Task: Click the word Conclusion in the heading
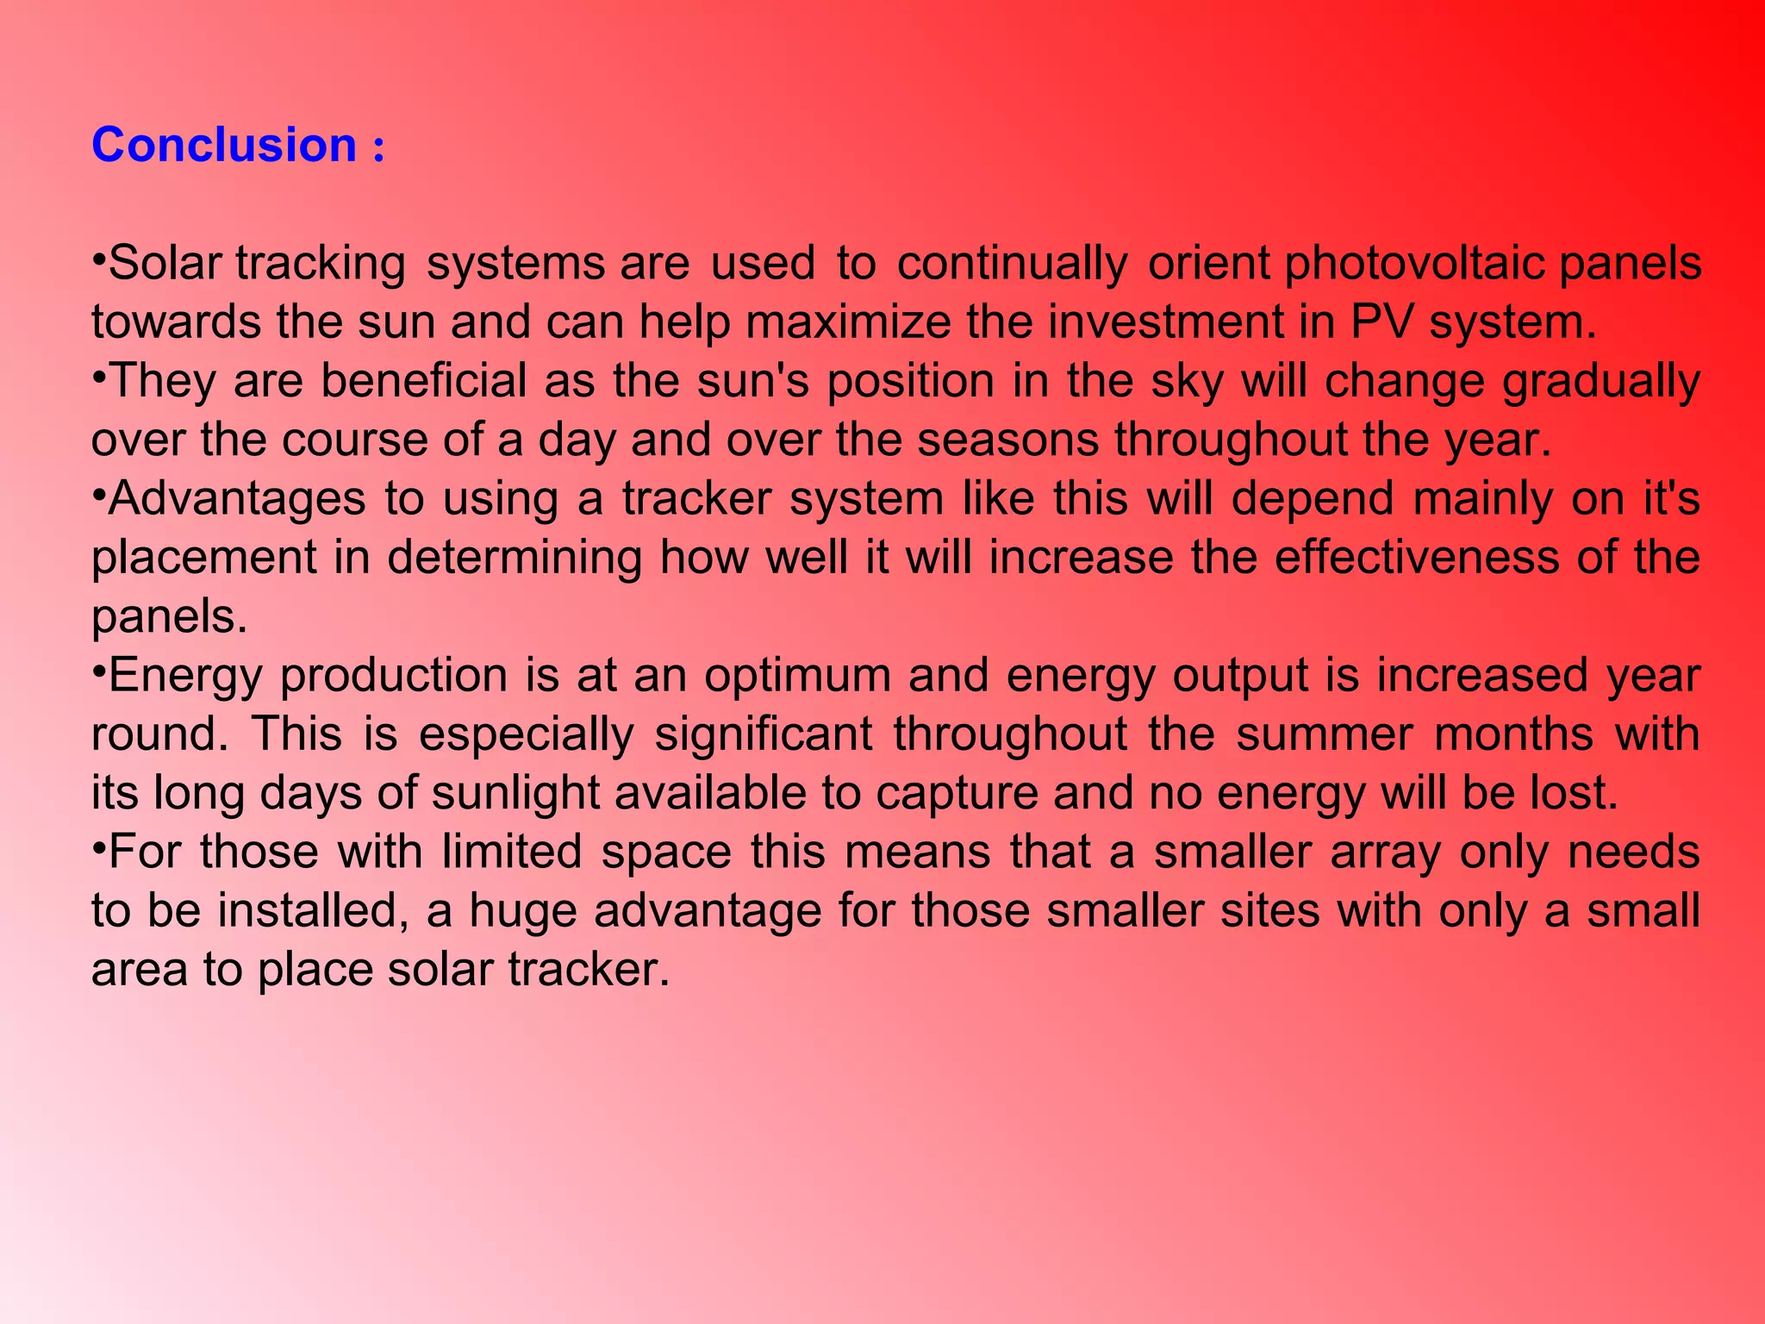(x=224, y=145)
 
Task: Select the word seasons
(x=1007, y=440)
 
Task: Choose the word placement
(x=204, y=559)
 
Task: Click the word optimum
(x=797, y=676)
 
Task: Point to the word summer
(x=1326, y=734)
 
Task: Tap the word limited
(x=512, y=852)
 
